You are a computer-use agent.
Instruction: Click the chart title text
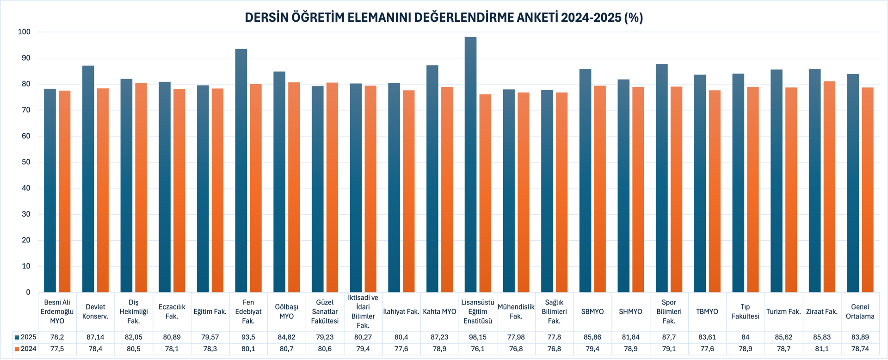[444, 18]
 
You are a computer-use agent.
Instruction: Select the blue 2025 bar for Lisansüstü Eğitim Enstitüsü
[470, 165]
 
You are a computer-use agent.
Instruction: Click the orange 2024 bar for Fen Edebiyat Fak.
[256, 188]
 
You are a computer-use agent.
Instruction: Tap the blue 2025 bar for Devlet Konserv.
[88, 179]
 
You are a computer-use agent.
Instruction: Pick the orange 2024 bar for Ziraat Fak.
[829, 187]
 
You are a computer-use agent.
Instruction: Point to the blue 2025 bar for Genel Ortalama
[853, 183]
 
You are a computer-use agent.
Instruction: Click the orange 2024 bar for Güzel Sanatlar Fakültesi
[332, 187]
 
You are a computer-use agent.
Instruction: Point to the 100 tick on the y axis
[24, 32]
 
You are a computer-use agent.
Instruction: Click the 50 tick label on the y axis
[26, 162]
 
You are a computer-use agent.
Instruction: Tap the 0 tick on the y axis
[28, 292]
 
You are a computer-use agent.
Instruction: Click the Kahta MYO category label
[439, 312]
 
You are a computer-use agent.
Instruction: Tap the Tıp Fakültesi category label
[745, 312]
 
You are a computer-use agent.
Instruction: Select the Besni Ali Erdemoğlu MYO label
[57, 312]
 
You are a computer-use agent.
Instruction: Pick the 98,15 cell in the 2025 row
[478, 337]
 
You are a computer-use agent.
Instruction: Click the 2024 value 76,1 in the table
[478, 349]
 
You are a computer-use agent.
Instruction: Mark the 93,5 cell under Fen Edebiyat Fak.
[248, 337]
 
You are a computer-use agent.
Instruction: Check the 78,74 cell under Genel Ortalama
[860, 349]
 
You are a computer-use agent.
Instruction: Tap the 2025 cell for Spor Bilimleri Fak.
[669, 337]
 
